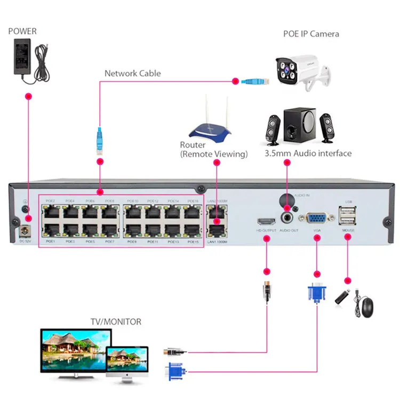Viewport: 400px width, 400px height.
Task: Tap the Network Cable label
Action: [x=132, y=74]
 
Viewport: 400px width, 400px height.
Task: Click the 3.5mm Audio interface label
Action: [x=308, y=154]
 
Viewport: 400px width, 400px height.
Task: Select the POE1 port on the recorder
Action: [x=51, y=230]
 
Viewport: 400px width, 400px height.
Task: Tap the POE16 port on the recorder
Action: [x=193, y=212]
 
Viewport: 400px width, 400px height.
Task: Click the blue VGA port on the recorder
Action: [x=317, y=219]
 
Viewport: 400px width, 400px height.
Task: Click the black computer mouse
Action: [x=367, y=307]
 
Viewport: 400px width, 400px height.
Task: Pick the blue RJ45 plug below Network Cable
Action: [x=99, y=140]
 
